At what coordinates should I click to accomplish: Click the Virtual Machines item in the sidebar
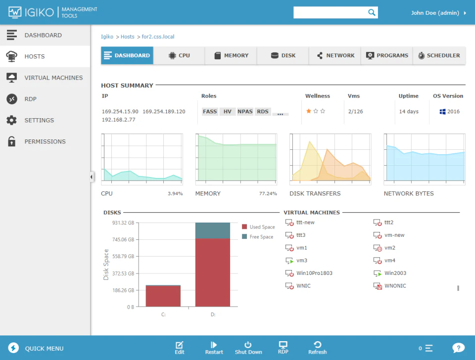click(x=53, y=78)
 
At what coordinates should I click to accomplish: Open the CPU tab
click(x=179, y=56)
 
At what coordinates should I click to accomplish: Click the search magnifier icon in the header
click(x=371, y=13)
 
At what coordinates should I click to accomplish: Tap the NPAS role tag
click(x=245, y=112)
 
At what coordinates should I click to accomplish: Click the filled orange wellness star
click(x=309, y=111)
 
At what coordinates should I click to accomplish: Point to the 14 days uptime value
click(x=409, y=112)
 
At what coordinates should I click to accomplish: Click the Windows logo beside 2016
click(x=442, y=112)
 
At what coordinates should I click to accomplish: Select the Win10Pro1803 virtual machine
click(x=314, y=273)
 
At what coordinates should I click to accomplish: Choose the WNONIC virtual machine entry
click(x=395, y=286)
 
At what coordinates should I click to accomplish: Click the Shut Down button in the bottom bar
click(x=248, y=348)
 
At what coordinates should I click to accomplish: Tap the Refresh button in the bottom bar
click(x=317, y=348)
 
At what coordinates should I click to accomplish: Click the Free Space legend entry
click(x=261, y=237)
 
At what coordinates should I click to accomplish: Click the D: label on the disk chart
click(x=213, y=315)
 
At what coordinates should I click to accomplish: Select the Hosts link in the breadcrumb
click(x=127, y=37)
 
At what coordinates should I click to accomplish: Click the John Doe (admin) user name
click(x=435, y=13)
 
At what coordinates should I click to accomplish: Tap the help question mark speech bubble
click(x=458, y=348)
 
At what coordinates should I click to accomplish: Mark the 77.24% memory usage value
click(x=268, y=194)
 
